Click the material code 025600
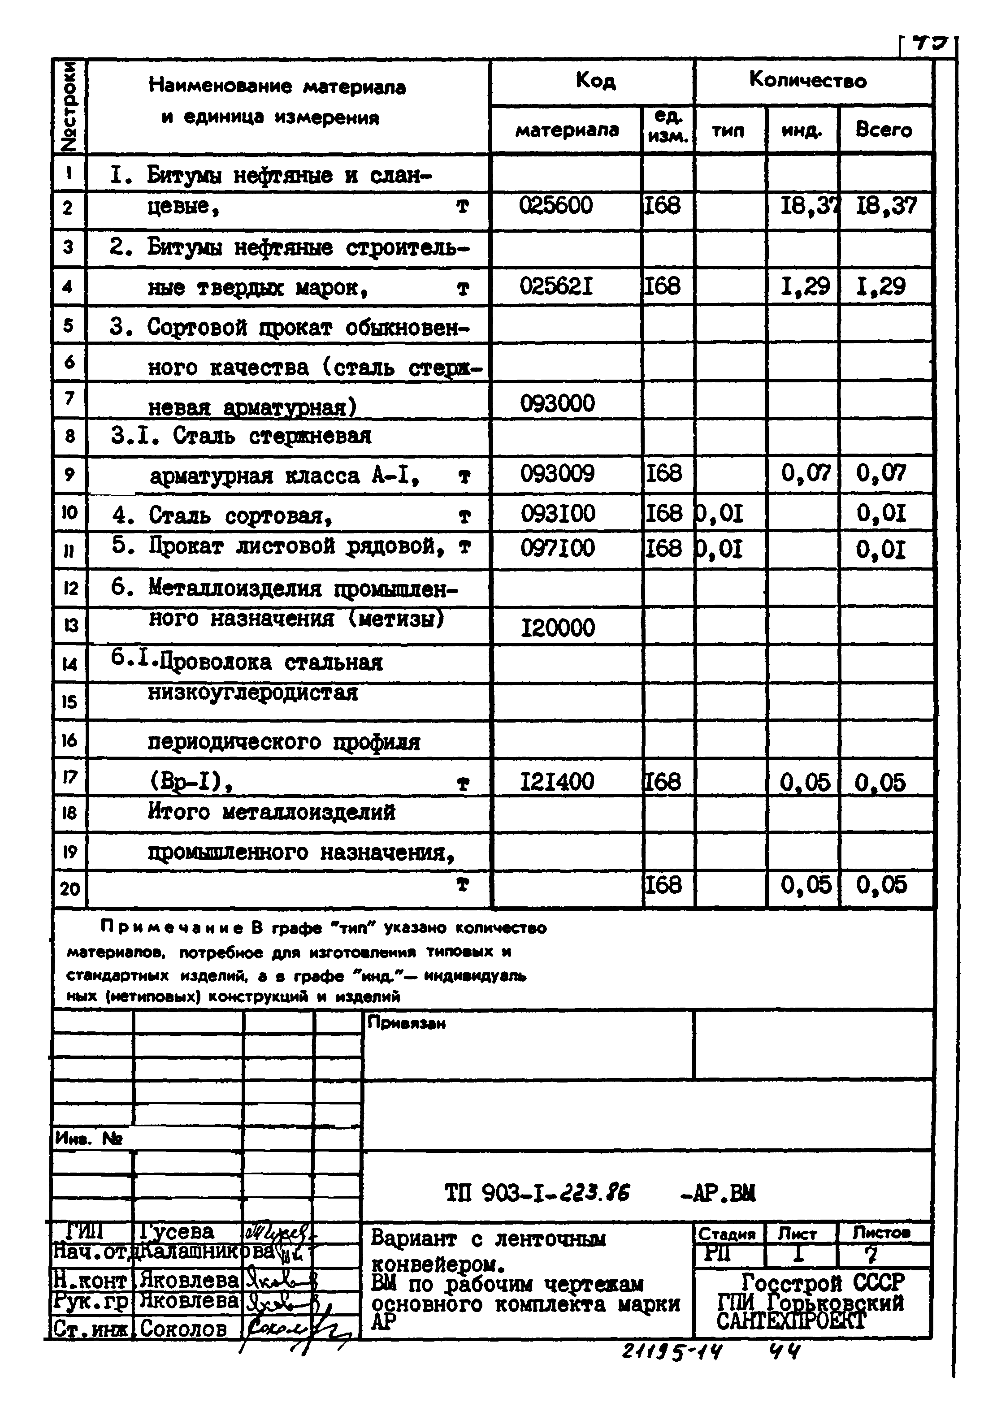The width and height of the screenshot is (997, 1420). coord(555,206)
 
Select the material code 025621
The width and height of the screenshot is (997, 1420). coord(555,286)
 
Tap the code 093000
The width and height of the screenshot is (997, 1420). coord(557,404)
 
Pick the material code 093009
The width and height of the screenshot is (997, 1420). coord(557,474)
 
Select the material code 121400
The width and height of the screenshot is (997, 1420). coord(557,782)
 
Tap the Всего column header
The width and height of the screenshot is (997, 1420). coord(883,130)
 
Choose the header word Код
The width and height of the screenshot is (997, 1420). coord(595,80)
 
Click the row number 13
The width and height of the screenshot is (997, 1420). coord(70,625)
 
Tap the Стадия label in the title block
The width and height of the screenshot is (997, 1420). coord(727,1234)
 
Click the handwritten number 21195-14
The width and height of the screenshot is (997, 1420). coord(671,1353)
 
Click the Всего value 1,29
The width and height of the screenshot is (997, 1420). coord(880,286)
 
